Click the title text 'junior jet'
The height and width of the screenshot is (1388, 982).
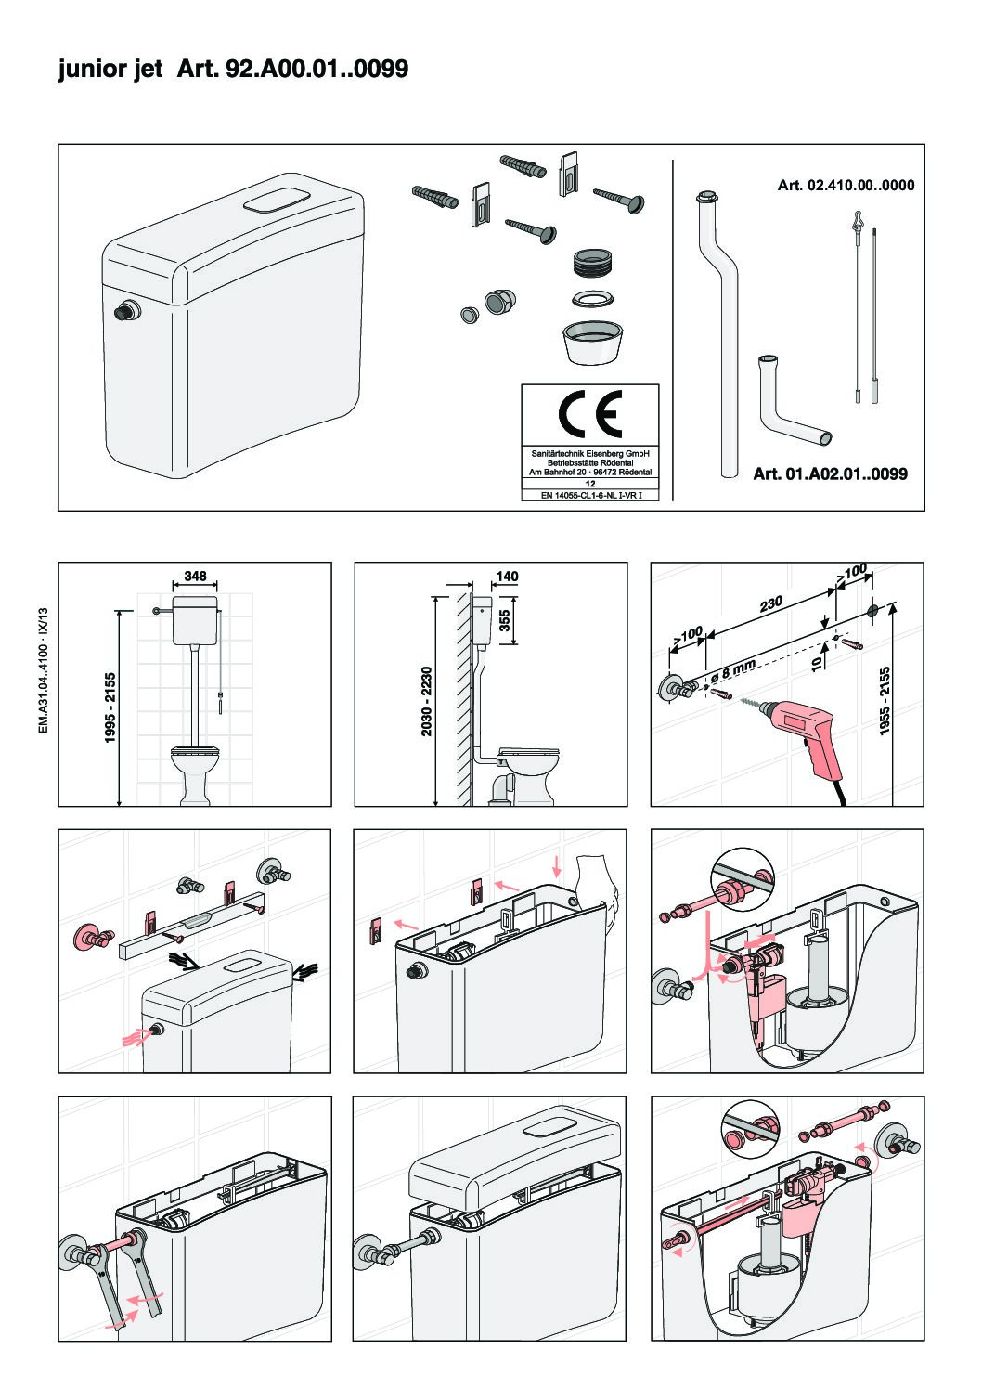(x=110, y=69)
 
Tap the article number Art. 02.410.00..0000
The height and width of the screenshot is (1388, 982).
(x=845, y=186)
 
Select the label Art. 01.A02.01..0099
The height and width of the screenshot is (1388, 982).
(x=830, y=474)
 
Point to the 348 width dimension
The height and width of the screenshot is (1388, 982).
(x=195, y=577)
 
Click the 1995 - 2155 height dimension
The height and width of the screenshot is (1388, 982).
(x=110, y=707)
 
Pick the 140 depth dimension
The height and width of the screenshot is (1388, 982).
(x=507, y=577)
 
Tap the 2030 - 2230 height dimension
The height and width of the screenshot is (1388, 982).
(x=427, y=702)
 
